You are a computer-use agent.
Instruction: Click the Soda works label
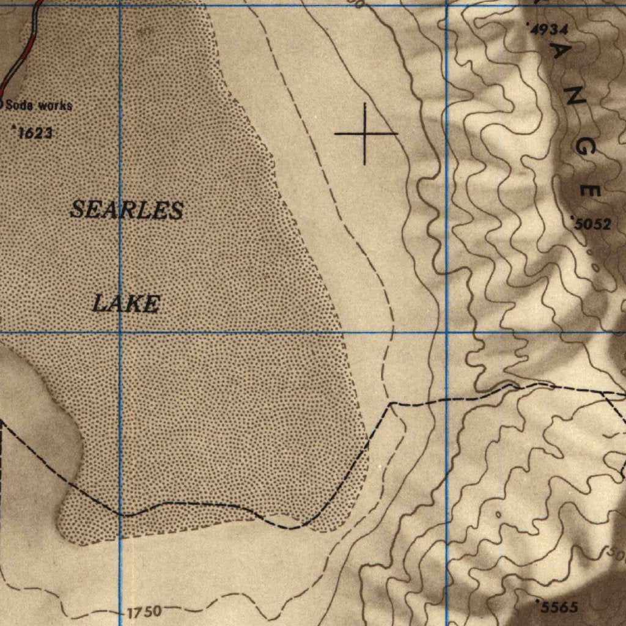(38, 105)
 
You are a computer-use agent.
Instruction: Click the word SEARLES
(127, 210)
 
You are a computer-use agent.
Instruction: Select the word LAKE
(127, 303)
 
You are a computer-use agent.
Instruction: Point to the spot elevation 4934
(550, 29)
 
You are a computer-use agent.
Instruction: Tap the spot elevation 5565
(558, 607)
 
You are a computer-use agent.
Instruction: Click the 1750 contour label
(145, 611)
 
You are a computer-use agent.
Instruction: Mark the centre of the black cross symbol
(366, 133)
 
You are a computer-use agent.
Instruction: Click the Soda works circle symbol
(1, 104)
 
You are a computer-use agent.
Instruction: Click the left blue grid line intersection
(120, 333)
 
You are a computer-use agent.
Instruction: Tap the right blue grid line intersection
(446, 333)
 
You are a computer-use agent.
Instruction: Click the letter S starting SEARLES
(78, 210)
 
